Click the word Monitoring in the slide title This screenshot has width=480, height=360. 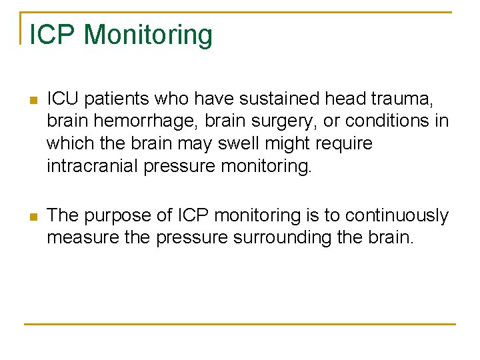pos(149,35)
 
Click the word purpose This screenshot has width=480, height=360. pos(121,216)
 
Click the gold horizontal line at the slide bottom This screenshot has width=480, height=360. pos(240,325)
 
